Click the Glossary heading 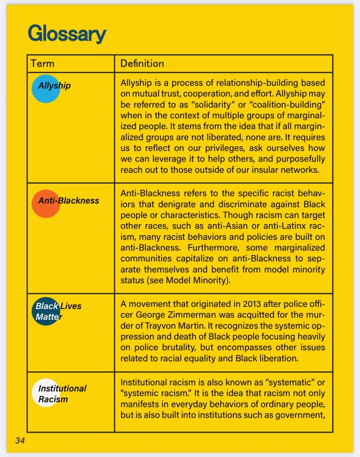(67, 34)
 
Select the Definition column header (142, 63)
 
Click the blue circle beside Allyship (45, 88)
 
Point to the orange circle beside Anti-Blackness (45, 204)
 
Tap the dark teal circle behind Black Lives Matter (45, 311)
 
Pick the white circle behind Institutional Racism (45, 393)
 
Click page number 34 (20, 440)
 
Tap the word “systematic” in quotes (286, 383)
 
